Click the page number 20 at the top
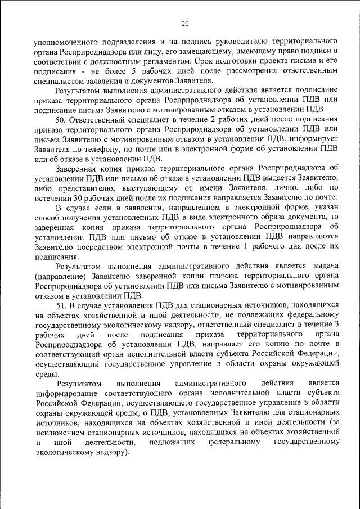(185, 23)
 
